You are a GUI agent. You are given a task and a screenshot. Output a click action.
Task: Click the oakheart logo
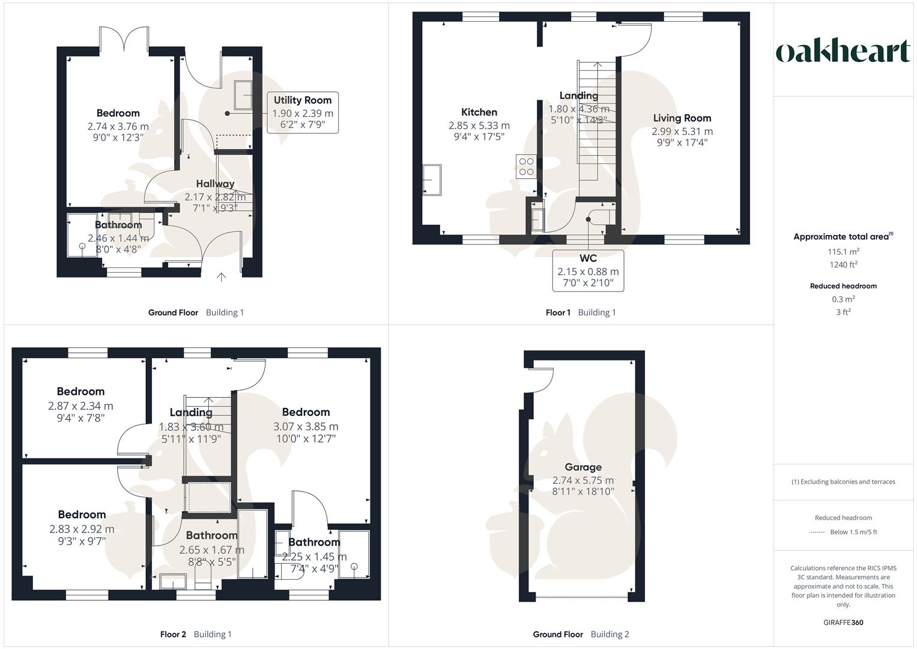[843, 52]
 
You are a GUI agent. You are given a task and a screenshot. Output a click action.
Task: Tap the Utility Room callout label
[303, 112]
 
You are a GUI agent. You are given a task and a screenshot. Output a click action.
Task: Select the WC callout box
[588, 270]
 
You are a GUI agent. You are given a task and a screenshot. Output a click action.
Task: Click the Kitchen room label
[479, 112]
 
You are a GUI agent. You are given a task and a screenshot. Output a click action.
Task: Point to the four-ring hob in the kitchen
[526, 166]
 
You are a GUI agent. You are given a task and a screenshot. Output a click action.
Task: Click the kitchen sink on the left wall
[431, 180]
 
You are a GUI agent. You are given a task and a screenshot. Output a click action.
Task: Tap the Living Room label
[682, 118]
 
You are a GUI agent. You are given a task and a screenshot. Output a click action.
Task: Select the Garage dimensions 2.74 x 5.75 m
[583, 480]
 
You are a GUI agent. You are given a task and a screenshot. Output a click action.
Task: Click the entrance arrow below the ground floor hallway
[221, 276]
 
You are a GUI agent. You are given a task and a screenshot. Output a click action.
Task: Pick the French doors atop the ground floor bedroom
[124, 39]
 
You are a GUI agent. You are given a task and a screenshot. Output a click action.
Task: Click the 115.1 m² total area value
[843, 252]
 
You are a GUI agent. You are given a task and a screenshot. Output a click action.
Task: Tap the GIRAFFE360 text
[843, 623]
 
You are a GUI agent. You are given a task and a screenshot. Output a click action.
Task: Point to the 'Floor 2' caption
[173, 634]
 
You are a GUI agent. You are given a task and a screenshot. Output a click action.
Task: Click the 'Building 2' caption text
[610, 634]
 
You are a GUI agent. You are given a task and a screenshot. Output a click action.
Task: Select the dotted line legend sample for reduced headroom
[817, 532]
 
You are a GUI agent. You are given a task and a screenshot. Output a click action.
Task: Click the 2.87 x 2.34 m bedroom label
[80, 406]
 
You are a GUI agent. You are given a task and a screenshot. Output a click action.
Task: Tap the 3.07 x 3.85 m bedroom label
[306, 426]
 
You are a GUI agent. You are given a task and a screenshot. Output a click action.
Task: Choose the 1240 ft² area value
[843, 265]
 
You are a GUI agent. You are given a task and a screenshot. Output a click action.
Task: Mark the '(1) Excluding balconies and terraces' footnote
[843, 481]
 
